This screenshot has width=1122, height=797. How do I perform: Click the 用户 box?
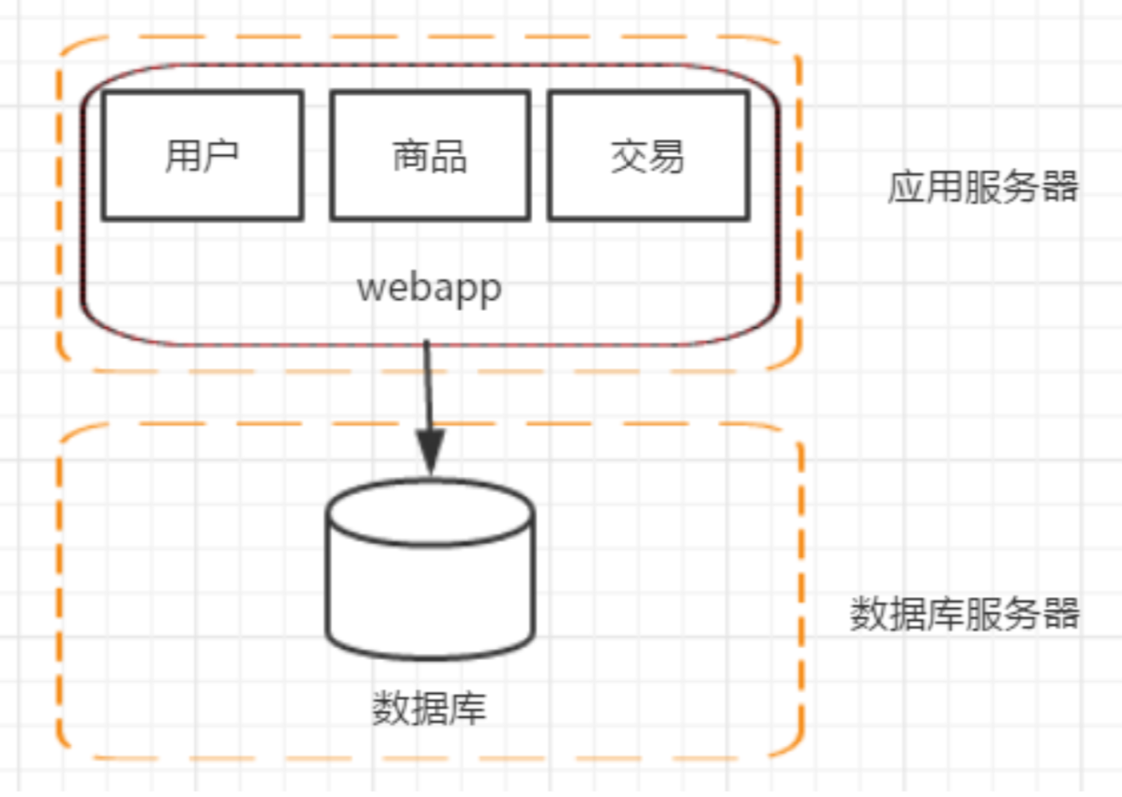[x=202, y=155]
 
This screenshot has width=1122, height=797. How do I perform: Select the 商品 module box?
[x=430, y=155]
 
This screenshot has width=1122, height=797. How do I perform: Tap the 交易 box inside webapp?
[x=648, y=155]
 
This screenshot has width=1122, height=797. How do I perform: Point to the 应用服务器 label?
[x=982, y=187]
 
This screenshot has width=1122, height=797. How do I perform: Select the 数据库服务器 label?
[x=964, y=614]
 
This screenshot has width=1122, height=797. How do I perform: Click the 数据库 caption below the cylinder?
[x=429, y=709]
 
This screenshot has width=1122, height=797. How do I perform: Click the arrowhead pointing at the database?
[x=430, y=451]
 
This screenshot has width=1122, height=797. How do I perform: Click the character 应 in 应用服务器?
[x=906, y=187]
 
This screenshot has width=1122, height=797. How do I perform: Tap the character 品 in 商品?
[x=449, y=156]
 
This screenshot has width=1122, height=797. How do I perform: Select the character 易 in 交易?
[x=667, y=156]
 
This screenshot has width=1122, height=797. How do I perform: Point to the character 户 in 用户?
[x=221, y=156]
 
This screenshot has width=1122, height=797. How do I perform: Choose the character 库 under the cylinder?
[x=468, y=709]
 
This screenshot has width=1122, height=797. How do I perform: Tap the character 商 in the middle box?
[x=410, y=156]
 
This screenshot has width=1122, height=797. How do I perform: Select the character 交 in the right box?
[x=629, y=156]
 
